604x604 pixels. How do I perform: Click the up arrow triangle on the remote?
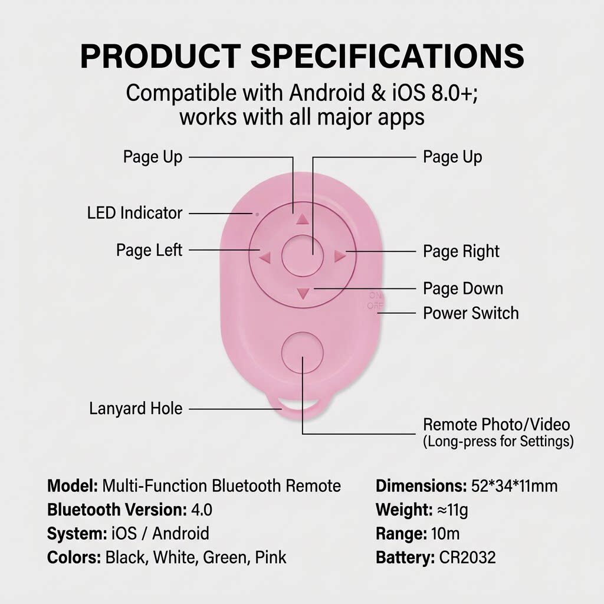click(303, 219)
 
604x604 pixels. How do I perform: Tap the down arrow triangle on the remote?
click(303, 294)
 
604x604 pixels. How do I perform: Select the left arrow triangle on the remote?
click(265, 257)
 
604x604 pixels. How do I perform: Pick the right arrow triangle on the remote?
click(340, 256)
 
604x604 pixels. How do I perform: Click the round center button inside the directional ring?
click(303, 255)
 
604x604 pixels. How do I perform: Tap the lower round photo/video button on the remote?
click(303, 353)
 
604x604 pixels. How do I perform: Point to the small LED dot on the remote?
click(257, 214)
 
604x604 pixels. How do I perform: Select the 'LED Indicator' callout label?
click(134, 213)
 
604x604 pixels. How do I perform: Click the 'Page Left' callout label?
click(149, 250)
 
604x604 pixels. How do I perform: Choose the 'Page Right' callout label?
click(461, 251)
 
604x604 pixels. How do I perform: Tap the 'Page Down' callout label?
click(463, 288)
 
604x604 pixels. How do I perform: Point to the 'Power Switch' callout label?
click(471, 313)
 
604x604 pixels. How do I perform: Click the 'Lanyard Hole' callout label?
click(136, 409)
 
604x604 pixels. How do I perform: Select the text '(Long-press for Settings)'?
click(498, 441)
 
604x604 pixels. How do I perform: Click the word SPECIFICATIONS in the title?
click(387, 56)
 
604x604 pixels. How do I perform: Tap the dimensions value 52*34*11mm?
click(514, 486)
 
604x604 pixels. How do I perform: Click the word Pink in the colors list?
click(271, 558)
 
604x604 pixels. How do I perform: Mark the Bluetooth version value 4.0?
click(202, 510)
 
